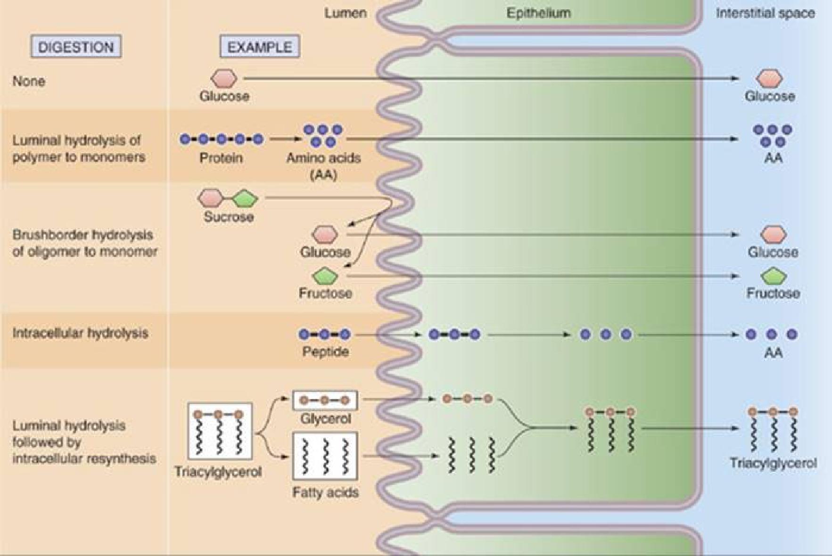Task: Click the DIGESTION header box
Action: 76,47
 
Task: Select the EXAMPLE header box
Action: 260,47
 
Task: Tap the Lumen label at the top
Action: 345,13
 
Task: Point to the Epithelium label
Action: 538,13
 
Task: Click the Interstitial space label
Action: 765,13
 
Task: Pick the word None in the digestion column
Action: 29,81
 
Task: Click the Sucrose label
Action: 229,217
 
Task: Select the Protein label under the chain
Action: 221,157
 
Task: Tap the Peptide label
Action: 325,352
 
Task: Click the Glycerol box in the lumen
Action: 325,400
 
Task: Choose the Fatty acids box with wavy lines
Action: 325,456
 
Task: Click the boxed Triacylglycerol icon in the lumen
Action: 220,431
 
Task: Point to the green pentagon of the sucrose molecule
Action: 245,198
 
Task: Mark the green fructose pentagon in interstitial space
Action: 773,276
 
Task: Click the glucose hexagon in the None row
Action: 224,78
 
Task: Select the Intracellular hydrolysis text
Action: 80,333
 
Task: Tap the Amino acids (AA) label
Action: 323,166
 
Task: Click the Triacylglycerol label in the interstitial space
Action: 773,463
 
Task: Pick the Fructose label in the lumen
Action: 325,293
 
